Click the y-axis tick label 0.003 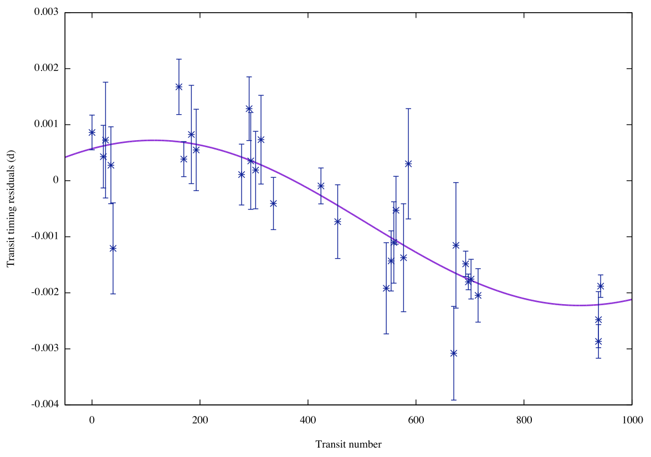tap(48, 13)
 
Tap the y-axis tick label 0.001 tap(48, 125)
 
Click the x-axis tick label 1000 tap(632, 419)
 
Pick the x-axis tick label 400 tap(308, 419)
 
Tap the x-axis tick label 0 tap(92, 419)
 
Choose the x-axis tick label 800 tap(524, 419)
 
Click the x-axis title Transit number tap(348, 444)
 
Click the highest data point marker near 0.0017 tap(179, 87)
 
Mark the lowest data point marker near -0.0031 tap(454, 353)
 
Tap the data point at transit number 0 tap(92, 132)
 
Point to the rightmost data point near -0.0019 tap(601, 286)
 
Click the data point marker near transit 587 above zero tap(408, 163)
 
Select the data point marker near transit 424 tap(321, 186)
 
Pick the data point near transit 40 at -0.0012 tap(113, 248)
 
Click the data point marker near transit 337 tap(273, 203)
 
